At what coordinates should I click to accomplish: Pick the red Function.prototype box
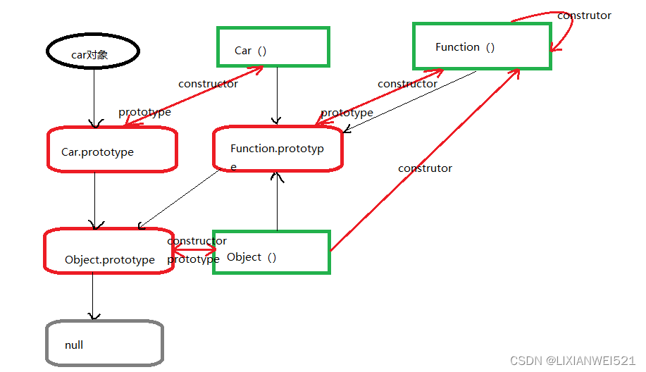pyautogui.click(x=278, y=128)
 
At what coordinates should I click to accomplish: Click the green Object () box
pyautogui.click(x=271, y=232)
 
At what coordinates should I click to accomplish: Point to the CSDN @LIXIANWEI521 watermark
pyautogui.click(x=573, y=361)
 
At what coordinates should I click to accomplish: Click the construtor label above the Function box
pyautogui.click(x=584, y=15)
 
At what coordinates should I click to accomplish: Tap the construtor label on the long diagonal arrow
pyautogui.click(x=425, y=168)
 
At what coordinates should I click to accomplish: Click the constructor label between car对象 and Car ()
pyautogui.click(x=208, y=84)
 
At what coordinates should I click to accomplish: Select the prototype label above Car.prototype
pyautogui.click(x=144, y=112)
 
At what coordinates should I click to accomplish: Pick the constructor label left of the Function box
pyautogui.click(x=407, y=84)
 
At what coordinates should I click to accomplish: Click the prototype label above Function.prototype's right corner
pyautogui.click(x=347, y=113)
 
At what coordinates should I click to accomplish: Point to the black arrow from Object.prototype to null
pyautogui.click(x=93, y=297)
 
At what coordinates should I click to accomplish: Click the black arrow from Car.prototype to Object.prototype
pyautogui.click(x=95, y=201)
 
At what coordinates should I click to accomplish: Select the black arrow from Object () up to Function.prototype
pyautogui.click(x=278, y=201)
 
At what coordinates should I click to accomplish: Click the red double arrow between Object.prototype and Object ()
pyautogui.click(x=194, y=249)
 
